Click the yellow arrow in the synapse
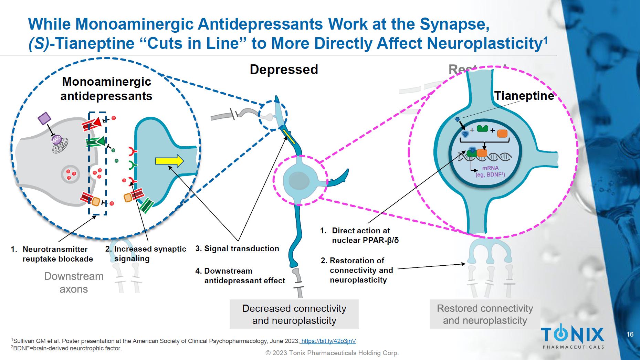pos(169,161)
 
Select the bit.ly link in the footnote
pos(328,341)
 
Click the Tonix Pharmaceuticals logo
pos(573,338)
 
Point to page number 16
pos(630,335)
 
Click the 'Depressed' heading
pos(284,70)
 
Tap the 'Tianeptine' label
pos(524,96)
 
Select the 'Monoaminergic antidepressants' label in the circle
pos(106,89)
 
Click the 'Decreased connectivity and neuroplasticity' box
pos(294,314)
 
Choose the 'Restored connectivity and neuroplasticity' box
pos(485,314)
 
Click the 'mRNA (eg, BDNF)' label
pos(490,171)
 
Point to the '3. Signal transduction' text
pos(237,248)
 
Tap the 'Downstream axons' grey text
pos(74,283)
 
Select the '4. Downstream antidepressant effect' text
pos(240,276)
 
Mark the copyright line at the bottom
pos(332,353)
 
